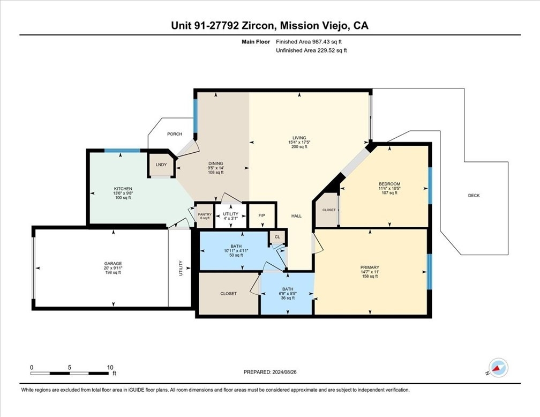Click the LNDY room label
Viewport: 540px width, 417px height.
coord(161,165)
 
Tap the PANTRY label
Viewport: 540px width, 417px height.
coord(205,214)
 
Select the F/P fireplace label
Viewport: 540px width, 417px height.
coord(262,216)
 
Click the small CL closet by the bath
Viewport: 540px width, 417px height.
coord(277,237)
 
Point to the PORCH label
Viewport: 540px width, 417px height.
coord(175,134)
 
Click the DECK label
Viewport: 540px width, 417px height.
coord(474,196)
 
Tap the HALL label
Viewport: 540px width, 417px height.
coord(297,216)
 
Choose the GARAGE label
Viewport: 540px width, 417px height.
coord(114,264)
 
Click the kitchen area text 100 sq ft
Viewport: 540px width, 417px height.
coord(123,198)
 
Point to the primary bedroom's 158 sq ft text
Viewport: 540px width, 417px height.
coord(370,276)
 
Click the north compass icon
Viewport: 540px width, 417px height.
coord(498,368)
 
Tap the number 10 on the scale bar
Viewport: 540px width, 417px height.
coord(110,367)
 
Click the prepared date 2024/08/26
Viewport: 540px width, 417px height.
coord(284,372)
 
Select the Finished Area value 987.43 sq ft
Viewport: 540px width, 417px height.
coord(327,42)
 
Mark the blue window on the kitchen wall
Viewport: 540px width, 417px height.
coord(122,151)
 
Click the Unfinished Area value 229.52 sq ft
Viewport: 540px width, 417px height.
coord(332,50)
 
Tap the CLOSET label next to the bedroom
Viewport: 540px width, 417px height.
coord(329,210)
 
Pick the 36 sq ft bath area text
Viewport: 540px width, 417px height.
coord(288,298)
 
